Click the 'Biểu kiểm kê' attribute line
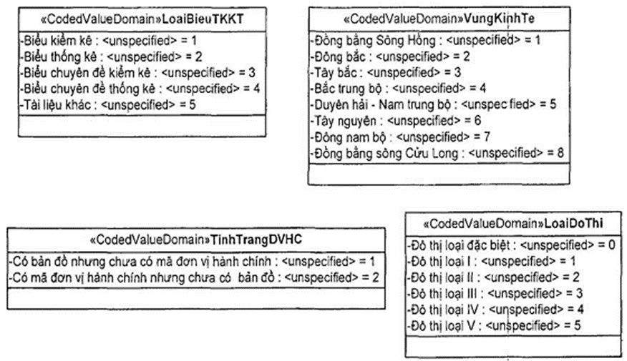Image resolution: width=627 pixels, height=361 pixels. [108, 41]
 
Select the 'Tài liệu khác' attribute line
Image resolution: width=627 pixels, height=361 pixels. [108, 104]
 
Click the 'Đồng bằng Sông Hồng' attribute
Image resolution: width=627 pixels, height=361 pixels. [427, 40]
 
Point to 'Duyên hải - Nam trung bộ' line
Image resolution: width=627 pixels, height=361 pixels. [434, 104]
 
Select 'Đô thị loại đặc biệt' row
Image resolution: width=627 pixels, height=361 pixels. [511, 244]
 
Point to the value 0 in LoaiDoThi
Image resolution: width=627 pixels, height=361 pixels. [613, 244]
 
